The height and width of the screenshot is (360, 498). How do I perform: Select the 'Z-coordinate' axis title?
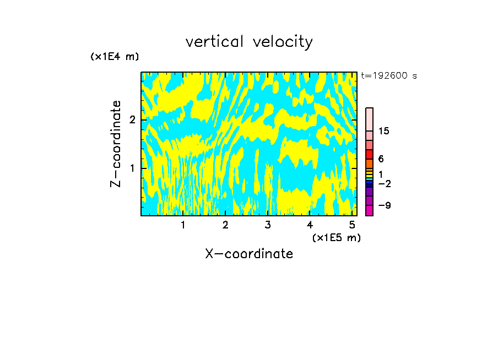pyautogui.click(x=116, y=144)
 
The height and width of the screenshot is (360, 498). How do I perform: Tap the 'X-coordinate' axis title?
pyautogui.click(x=249, y=254)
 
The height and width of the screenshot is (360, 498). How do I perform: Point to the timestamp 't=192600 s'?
pyautogui.click(x=389, y=76)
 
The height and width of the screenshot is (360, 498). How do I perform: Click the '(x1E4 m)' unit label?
pyautogui.click(x=115, y=57)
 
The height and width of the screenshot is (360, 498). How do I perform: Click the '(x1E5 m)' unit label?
pyautogui.click(x=337, y=237)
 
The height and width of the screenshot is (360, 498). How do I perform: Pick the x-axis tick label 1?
pyautogui.click(x=183, y=225)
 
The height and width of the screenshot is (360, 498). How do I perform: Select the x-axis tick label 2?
pyautogui.click(x=225, y=225)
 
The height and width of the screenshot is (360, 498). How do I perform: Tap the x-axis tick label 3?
pyautogui.click(x=268, y=225)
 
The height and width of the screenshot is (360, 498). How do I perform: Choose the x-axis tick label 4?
pyautogui.click(x=310, y=225)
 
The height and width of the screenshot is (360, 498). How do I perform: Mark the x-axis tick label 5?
pyautogui.click(x=352, y=225)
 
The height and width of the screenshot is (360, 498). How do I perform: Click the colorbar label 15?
pyautogui.click(x=384, y=131)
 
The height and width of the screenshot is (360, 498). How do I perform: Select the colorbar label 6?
pyautogui.click(x=381, y=159)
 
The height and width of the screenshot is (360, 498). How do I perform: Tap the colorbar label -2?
pyautogui.click(x=385, y=183)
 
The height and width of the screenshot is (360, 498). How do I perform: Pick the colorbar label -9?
pyautogui.click(x=385, y=205)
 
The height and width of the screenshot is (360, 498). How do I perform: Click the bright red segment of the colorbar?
pyautogui.click(x=369, y=154)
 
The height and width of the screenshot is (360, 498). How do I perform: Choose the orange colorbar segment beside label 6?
pyautogui.click(x=369, y=163)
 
